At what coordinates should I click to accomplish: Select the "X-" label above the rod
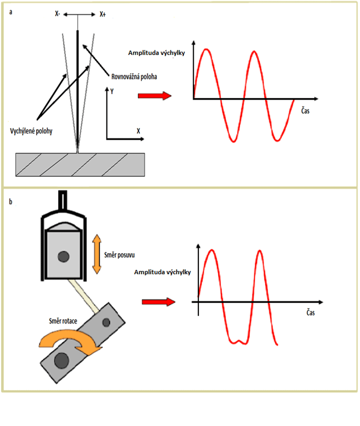[58, 16]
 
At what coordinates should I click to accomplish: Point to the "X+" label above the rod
[102, 16]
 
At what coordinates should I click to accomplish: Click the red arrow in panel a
[155, 96]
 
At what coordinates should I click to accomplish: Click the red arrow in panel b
[158, 302]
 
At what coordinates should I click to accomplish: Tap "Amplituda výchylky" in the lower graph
[163, 272]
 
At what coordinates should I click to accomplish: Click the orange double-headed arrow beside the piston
[96, 254]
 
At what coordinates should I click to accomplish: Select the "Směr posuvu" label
[120, 255]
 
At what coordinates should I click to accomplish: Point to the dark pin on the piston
[65, 256]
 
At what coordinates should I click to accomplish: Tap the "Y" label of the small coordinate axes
[112, 92]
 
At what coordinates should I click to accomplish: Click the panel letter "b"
[10, 202]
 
